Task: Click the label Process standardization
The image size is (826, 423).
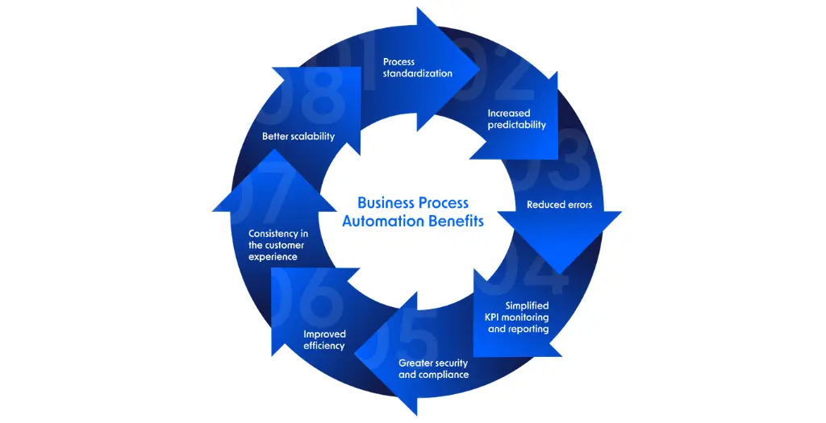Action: tap(417, 67)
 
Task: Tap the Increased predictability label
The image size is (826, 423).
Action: tap(516, 119)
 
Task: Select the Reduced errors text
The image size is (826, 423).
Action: tap(559, 205)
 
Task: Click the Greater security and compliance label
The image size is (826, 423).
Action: tap(433, 369)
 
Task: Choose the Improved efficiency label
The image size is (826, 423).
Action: tap(324, 340)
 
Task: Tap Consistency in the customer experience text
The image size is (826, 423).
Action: tap(278, 245)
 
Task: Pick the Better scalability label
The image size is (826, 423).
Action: tap(298, 136)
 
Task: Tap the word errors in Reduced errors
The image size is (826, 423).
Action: tap(578, 205)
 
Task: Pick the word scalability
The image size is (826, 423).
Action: tap(314, 136)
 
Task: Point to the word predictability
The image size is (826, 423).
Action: tap(516, 125)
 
